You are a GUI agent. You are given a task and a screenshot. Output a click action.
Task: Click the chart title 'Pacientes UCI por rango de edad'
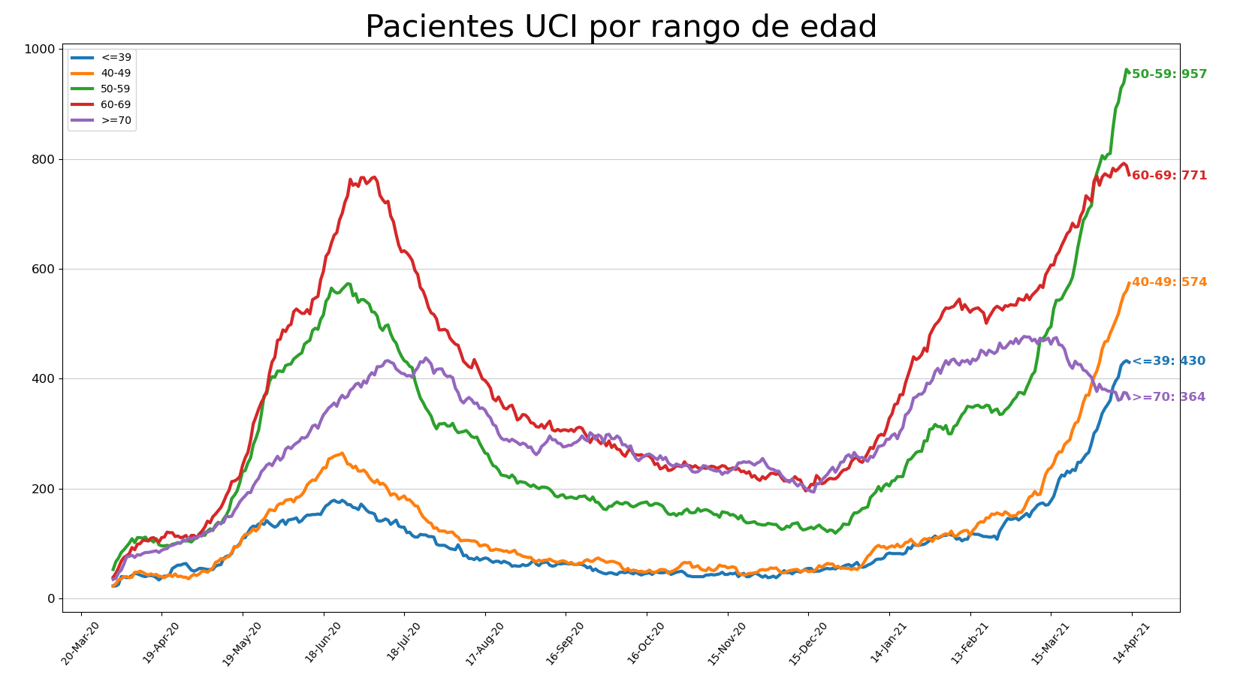[x=621, y=26]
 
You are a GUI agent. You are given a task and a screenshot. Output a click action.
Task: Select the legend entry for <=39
[x=102, y=58]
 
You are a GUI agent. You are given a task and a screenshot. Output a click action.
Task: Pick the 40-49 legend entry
[x=102, y=74]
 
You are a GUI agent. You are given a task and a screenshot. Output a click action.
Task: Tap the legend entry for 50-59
[x=102, y=89]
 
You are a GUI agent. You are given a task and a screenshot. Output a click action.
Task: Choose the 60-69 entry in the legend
[x=102, y=104]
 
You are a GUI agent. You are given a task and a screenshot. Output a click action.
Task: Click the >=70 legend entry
[x=102, y=121]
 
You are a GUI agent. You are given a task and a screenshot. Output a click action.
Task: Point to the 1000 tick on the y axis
[x=40, y=50]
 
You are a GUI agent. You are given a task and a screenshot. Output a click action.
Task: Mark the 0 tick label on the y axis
[x=51, y=599]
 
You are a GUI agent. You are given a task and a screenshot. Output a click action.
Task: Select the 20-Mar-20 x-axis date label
[x=81, y=643]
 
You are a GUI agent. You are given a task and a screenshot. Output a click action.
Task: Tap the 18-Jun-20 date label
[x=324, y=643]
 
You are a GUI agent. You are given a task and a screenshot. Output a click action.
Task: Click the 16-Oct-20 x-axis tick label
[x=647, y=643]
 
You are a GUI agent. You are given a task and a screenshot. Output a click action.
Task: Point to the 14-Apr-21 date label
[x=1132, y=643]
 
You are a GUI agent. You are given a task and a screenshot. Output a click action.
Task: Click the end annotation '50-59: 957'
[x=1169, y=74]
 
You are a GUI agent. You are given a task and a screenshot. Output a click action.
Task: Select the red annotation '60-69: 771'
[x=1169, y=176]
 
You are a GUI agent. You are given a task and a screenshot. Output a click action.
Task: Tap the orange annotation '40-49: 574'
[x=1169, y=282]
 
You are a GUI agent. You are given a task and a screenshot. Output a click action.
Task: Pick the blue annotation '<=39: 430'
[x=1169, y=361]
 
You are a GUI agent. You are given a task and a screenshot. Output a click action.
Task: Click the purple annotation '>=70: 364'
[x=1169, y=397]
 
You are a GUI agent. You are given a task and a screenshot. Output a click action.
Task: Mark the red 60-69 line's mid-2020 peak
[x=375, y=177]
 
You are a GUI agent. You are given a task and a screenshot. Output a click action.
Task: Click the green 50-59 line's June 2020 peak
[x=348, y=284]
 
